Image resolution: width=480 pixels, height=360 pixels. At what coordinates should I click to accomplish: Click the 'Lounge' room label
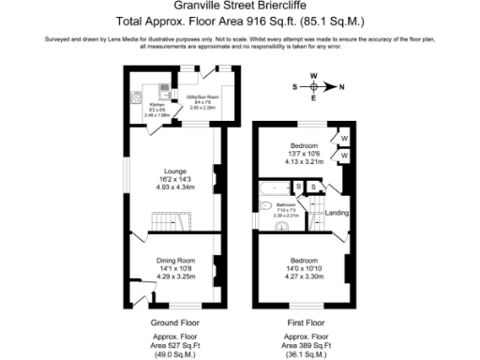pyautogui.click(x=175, y=172)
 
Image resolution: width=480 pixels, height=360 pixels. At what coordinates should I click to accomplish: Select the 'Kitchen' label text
pyautogui.click(x=143, y=105)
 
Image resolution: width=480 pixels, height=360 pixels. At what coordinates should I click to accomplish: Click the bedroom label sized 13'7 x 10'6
pyautogui.click(x=304, y=146)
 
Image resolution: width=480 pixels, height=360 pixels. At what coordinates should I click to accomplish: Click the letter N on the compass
pyautogui.click(x=341, y=86)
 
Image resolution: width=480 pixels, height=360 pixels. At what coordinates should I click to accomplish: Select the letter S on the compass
pyautogui.click(x=294, y=86)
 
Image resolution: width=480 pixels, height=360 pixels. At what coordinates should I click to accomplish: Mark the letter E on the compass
pyautogui.click(x=314, y=97)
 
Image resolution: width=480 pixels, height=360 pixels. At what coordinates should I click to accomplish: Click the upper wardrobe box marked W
pyautogui.click(x=343, y=138)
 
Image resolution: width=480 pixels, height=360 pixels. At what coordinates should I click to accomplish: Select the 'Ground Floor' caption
pyautogui.click(x=175, y=322)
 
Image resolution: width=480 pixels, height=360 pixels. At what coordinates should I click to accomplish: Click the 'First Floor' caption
pyautogui.click(x=306, y=322)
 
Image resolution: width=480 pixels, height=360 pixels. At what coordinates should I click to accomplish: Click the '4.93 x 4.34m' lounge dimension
pyautogui.click(x=175, y=187)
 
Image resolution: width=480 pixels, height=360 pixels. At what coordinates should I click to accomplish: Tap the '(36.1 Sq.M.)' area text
pyautogui.click(x=306, y=352)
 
